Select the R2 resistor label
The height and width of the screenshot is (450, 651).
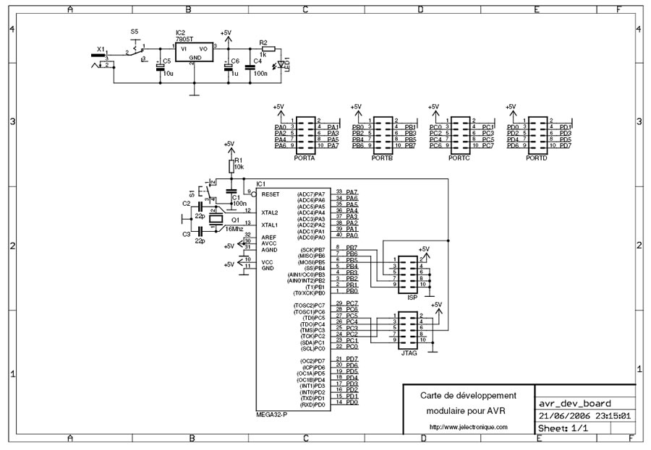click(x=263, y=43)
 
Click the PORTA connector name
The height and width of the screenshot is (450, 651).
click(x=305, y=157)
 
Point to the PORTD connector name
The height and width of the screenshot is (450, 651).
click(x=537, y=157)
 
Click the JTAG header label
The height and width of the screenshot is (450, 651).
click(x=409, y=353)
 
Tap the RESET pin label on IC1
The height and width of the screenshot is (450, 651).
click(x=271, y=194)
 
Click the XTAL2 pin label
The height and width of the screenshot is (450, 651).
click(x=270, y=212)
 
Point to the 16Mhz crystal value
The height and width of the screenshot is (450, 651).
click(x=234, y=228)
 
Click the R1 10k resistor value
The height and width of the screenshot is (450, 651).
click(x=239, y=167)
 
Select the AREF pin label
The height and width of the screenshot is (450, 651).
click(x=268, y=236)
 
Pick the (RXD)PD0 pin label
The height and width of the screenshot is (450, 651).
click(x=314, y=404)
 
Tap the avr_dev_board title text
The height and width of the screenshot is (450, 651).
click(x=576, y=403)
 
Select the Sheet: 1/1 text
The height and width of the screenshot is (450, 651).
click(x=563, y=428)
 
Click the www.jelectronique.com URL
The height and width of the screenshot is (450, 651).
click(x=469, y=427)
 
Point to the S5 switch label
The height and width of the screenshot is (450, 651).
click(x=135, y=32)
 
